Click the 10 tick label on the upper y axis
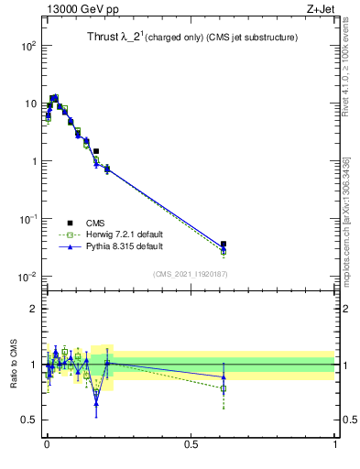(29, 103)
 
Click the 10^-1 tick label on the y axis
(27, 219)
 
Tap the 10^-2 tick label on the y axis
(27, 277)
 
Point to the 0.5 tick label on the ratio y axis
(27, 420)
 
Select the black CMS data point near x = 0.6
(224, 245)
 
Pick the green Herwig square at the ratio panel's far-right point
(224, 388)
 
